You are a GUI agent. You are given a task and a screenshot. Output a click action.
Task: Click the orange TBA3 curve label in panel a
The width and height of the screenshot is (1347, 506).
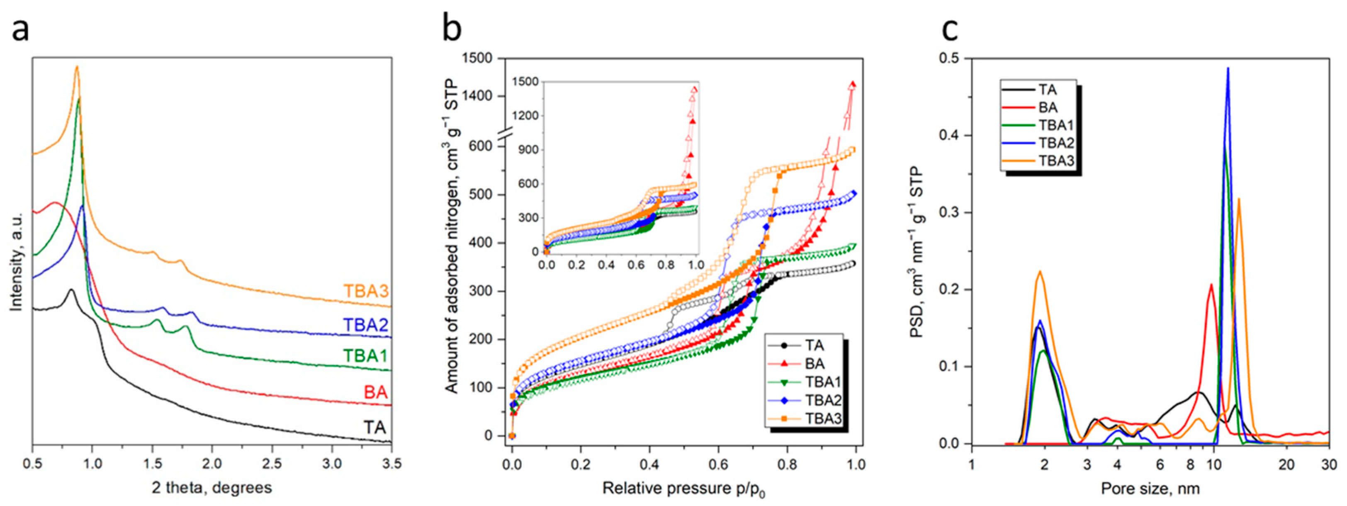pyautogui.click(x=366, y=291)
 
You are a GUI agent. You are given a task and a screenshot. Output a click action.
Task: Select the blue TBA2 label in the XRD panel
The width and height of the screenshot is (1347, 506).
pyautogui.click(x=366, y=325)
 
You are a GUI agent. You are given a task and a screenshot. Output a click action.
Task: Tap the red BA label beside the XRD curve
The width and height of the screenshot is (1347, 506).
pyautogui.click(x=375, y=392)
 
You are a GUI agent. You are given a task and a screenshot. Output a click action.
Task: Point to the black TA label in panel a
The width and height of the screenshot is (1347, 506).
pyautogui.click(x=375, y=428)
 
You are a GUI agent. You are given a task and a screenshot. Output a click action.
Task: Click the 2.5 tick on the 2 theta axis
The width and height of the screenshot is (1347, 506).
pyautogui.click(x=272, y=464)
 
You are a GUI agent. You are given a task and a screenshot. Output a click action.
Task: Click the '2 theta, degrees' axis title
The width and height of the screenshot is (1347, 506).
pyautogui.click(x=212, y=488)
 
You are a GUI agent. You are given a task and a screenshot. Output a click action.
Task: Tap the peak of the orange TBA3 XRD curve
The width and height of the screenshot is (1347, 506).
pyautogui.click(x=77, y=67)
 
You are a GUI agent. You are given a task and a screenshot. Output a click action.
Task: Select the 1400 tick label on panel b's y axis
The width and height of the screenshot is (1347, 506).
pyautogui.click(x=477, y=96)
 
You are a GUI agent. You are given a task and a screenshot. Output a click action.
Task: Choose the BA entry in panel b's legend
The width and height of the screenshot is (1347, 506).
pyautogui.click(x=815, y=363)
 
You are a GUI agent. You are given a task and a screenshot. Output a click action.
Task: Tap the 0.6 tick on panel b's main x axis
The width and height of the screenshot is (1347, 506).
pyautogui.click(x=718, y=464)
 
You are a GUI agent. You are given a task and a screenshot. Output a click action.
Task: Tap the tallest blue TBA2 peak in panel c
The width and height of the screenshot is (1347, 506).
pyautogui.click(x=1228, y=69)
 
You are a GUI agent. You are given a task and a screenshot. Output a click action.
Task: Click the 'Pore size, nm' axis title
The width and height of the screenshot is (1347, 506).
pyautogui.click(x=1150, y=488)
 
